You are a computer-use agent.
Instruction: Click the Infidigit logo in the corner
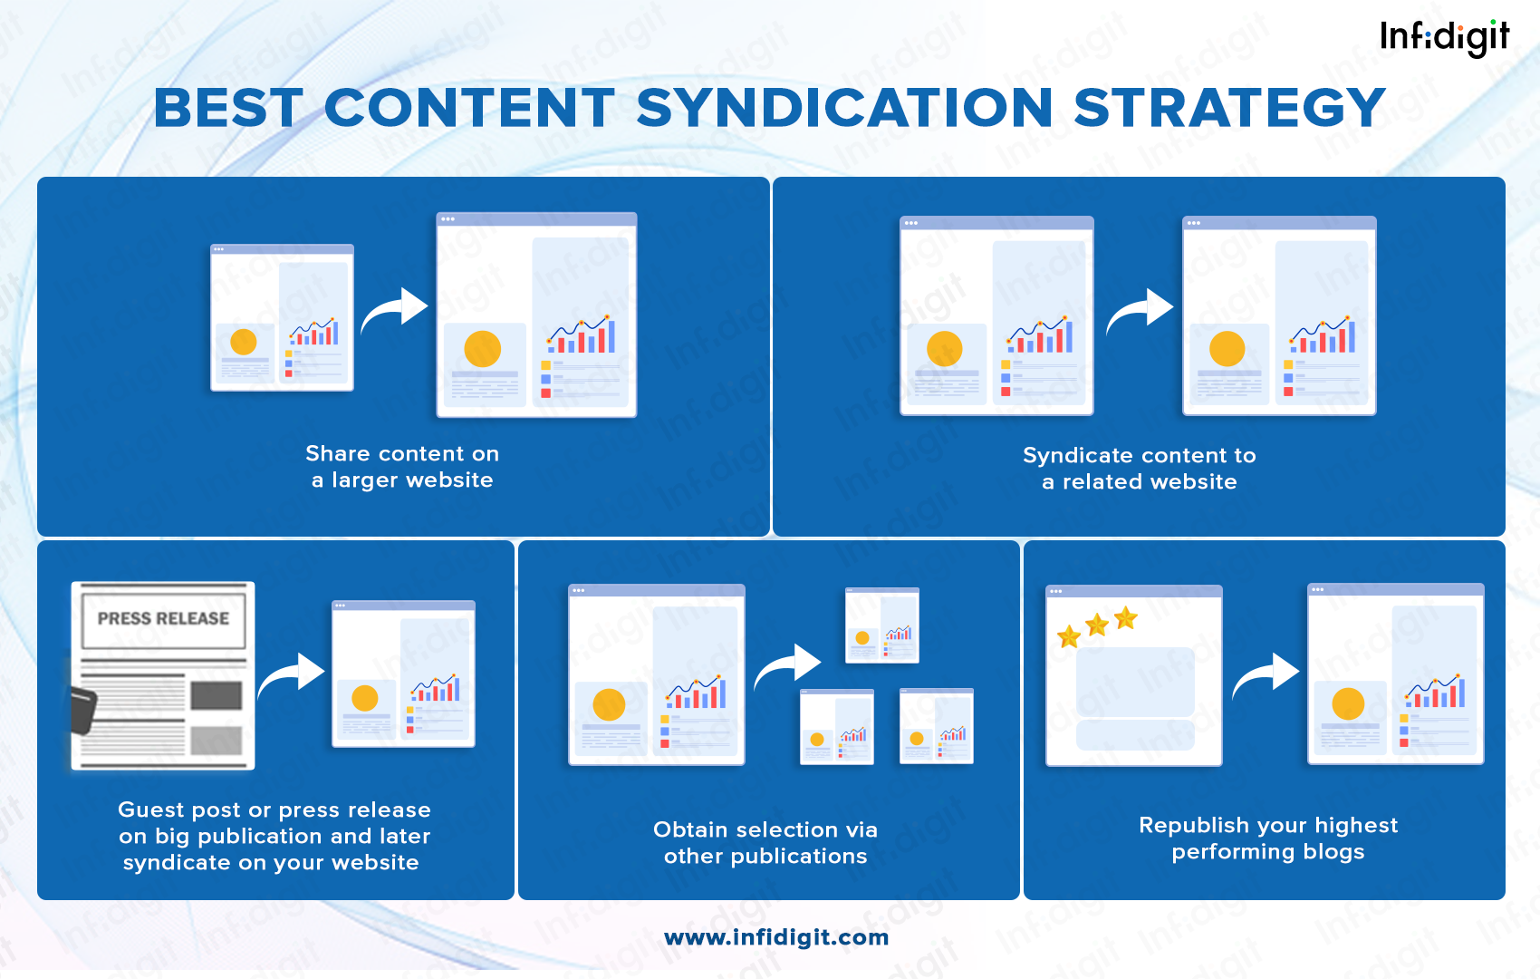tap(1444, 37)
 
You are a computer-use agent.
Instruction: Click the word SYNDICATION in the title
tap(844, 108)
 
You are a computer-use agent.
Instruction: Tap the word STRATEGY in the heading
tap(1229, 108)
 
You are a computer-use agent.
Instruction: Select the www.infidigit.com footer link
tap(776, 937)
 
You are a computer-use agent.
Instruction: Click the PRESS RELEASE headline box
tap(163, 619)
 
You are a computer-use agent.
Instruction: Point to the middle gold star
tap(1097, 624)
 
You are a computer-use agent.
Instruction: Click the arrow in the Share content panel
tap(395, 311)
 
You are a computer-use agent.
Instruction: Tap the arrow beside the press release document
tap(292, 676)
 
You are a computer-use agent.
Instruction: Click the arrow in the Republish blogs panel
tap(1266, 676)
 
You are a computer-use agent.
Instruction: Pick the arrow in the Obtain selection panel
tap(787, 667)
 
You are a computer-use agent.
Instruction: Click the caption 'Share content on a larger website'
tap(402, 467)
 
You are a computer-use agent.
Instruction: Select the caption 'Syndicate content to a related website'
tap(1139, 469)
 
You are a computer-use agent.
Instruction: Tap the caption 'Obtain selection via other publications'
tap(765, 843)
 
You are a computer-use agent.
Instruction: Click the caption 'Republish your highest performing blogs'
tap(1267, 838)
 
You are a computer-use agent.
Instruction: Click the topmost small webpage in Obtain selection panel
tap(882, 625)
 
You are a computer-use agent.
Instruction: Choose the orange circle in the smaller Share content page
tap(244, 342)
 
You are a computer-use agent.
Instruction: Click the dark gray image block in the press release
tap(217, 696)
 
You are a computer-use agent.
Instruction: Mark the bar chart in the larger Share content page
tap(582, 335)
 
